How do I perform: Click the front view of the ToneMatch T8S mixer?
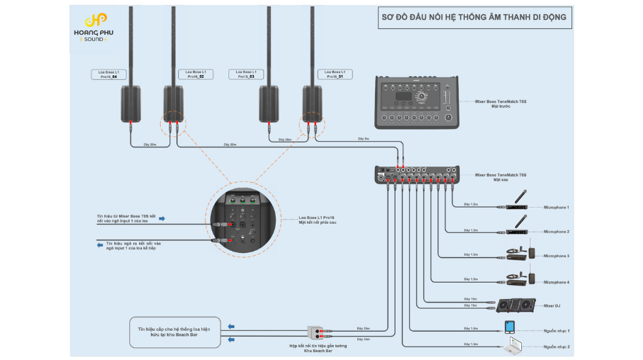pyautogui.click(x=417, y=102)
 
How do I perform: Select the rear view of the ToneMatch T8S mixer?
pyautogui.click(x=417, y=176)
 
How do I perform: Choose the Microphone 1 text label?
pyautogui.click(x=557, y=207)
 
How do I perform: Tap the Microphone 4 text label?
pyautogui.click(x=557, y=282)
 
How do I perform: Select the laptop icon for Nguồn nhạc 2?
pyautogui.click(x=512, y=347)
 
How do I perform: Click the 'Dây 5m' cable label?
pyautogui.click(x=363, y=139)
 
